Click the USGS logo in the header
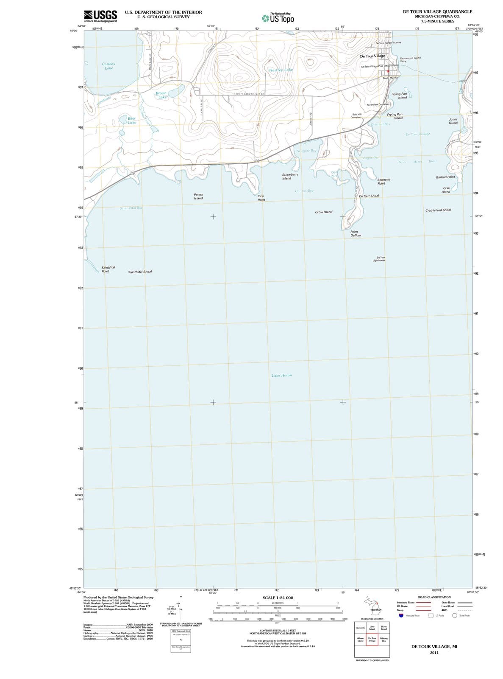[100, 16]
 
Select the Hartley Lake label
[281, 70]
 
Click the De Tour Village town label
[372, 56]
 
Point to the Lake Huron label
[281, 376]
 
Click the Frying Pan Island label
[399, 95]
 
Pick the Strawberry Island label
[290, 176]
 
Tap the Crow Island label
[324, 212]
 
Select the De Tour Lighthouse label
[379, 259]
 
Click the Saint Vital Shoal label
[140, 272]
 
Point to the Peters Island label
[198, 196]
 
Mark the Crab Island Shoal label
[438, 210]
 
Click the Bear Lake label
[132, 120]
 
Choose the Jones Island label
[453, 121]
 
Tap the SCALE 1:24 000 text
[278, 598]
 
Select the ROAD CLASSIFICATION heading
[434, 597]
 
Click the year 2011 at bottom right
[434, 653]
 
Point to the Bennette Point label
[384, 181]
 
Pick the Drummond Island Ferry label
[410, 59]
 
